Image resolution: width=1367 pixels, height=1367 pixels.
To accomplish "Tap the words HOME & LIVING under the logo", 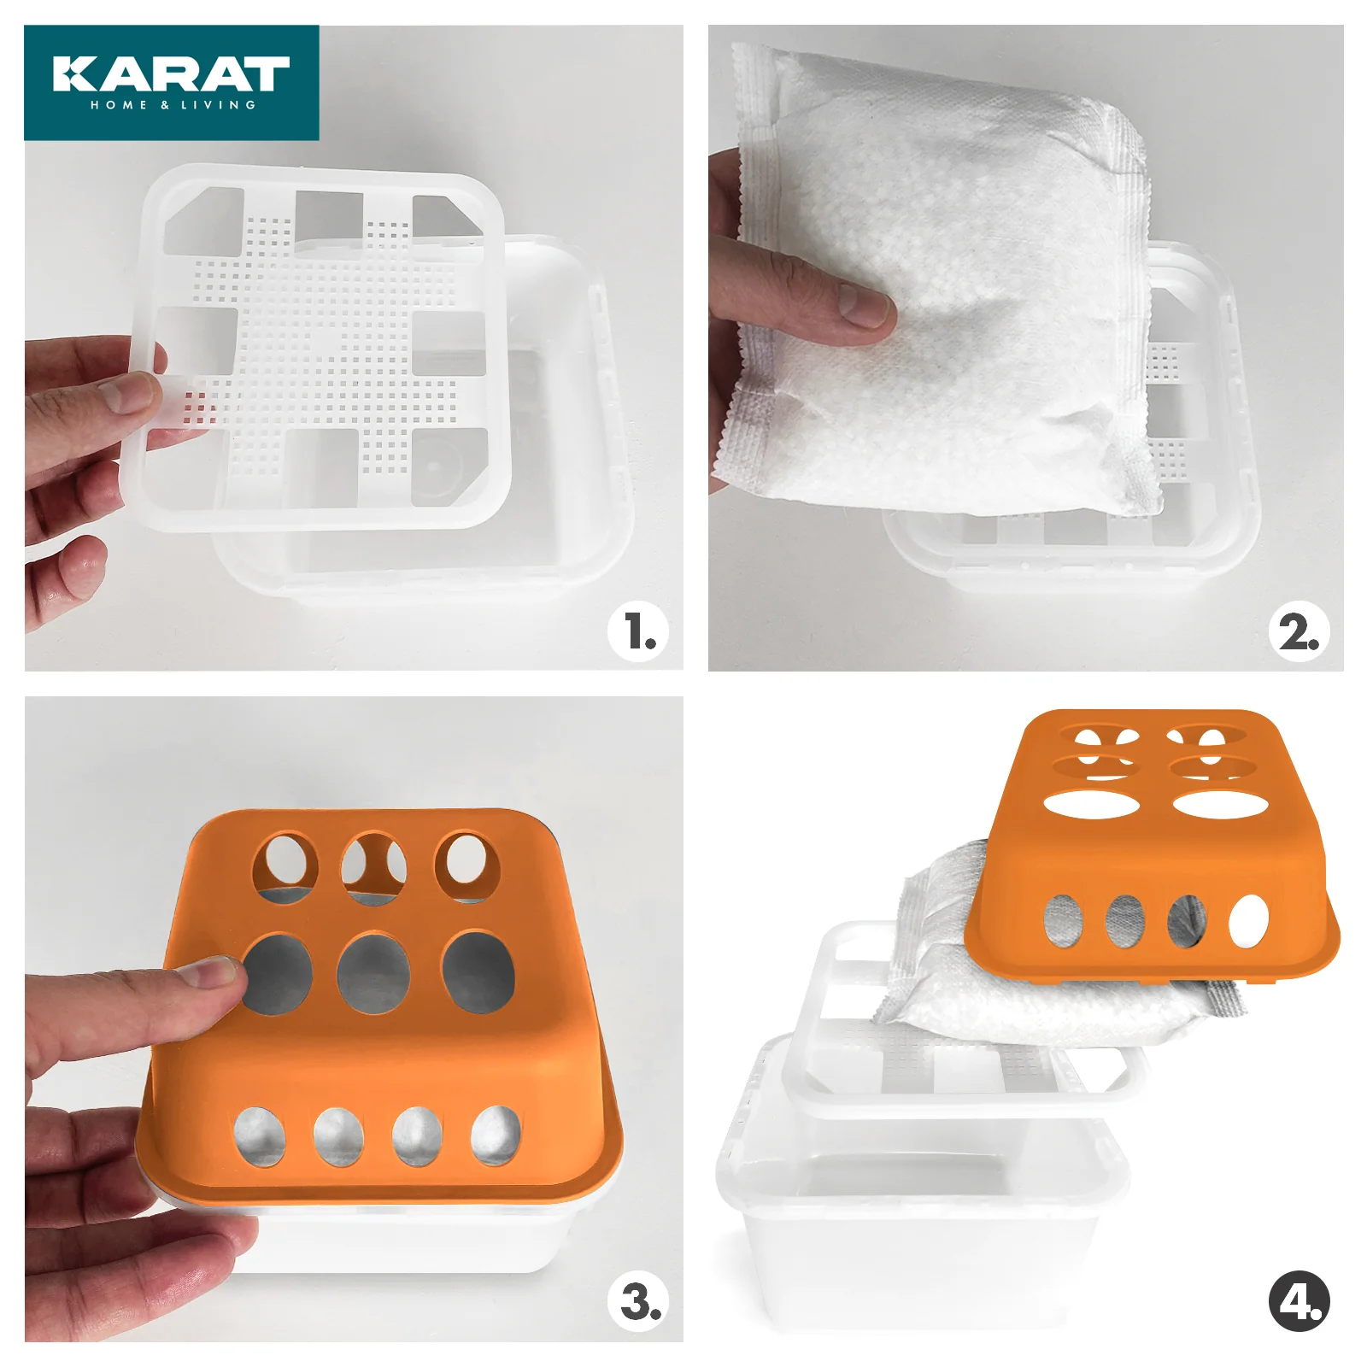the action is coord(173,105).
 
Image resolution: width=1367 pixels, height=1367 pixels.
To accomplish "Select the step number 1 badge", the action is coord(637,631).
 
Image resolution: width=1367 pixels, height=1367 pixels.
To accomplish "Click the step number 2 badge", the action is coord(1299,632).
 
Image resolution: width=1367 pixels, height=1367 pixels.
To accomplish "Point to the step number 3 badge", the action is coord(637,1301).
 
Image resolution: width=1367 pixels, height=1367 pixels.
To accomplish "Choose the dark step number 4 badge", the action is coord(1299,1301).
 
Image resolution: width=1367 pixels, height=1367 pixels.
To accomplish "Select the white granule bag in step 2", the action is coord(940,282).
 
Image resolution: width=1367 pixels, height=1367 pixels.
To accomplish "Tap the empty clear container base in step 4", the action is coord(923,1188).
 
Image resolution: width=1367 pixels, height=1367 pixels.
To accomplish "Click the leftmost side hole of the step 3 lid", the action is coord(260,1136).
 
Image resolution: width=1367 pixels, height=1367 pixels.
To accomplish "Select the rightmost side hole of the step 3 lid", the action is coord(496,1135).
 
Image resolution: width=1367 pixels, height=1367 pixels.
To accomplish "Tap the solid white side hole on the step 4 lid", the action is coord(1249,922).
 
